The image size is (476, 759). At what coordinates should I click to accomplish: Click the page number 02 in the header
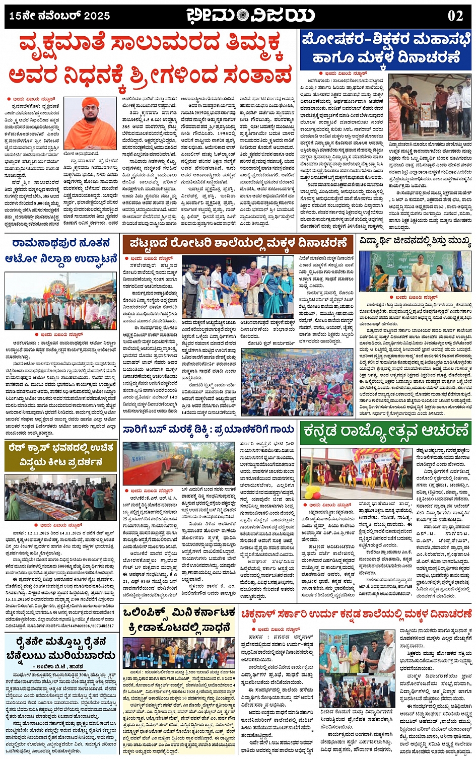pos(455,16)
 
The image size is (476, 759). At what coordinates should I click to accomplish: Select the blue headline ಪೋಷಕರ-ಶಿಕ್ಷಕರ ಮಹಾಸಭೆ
pos(385,39)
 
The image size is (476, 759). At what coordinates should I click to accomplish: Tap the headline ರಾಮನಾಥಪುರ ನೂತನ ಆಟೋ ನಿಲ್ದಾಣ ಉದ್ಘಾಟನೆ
pos(60,251)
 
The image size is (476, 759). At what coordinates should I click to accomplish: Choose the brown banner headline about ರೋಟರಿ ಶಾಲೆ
pos(238,244)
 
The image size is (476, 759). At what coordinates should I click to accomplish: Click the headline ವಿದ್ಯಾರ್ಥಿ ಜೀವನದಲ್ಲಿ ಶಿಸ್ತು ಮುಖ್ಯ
pos(415,241)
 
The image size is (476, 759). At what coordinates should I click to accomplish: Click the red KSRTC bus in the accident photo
pos(144,463)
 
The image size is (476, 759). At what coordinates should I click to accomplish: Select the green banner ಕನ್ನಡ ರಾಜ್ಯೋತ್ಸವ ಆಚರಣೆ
pos(385,432)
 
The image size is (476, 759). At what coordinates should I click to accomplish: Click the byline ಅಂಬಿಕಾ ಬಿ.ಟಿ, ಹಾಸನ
pos(60,666)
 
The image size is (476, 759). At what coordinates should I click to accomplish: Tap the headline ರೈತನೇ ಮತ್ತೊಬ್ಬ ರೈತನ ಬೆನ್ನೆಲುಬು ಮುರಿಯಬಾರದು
pos(60,648)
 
